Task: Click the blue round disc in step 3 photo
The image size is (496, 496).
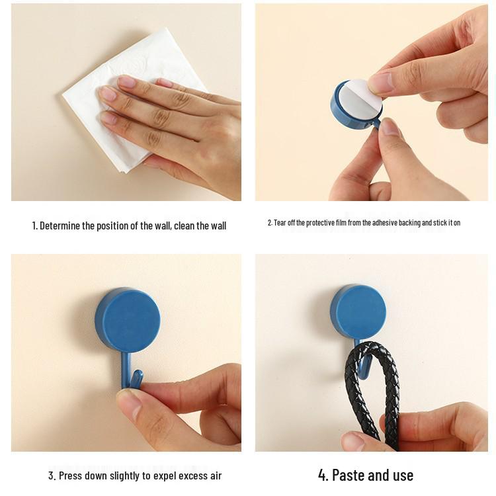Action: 127,319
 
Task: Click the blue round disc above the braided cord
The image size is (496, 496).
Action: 358,311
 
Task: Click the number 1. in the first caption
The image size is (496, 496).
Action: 35,226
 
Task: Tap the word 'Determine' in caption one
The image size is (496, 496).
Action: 60,226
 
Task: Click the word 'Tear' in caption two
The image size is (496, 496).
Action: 280,223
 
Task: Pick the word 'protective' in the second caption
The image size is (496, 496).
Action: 323,223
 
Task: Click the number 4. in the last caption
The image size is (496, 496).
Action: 323,475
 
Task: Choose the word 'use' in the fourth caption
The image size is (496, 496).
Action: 401,475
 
